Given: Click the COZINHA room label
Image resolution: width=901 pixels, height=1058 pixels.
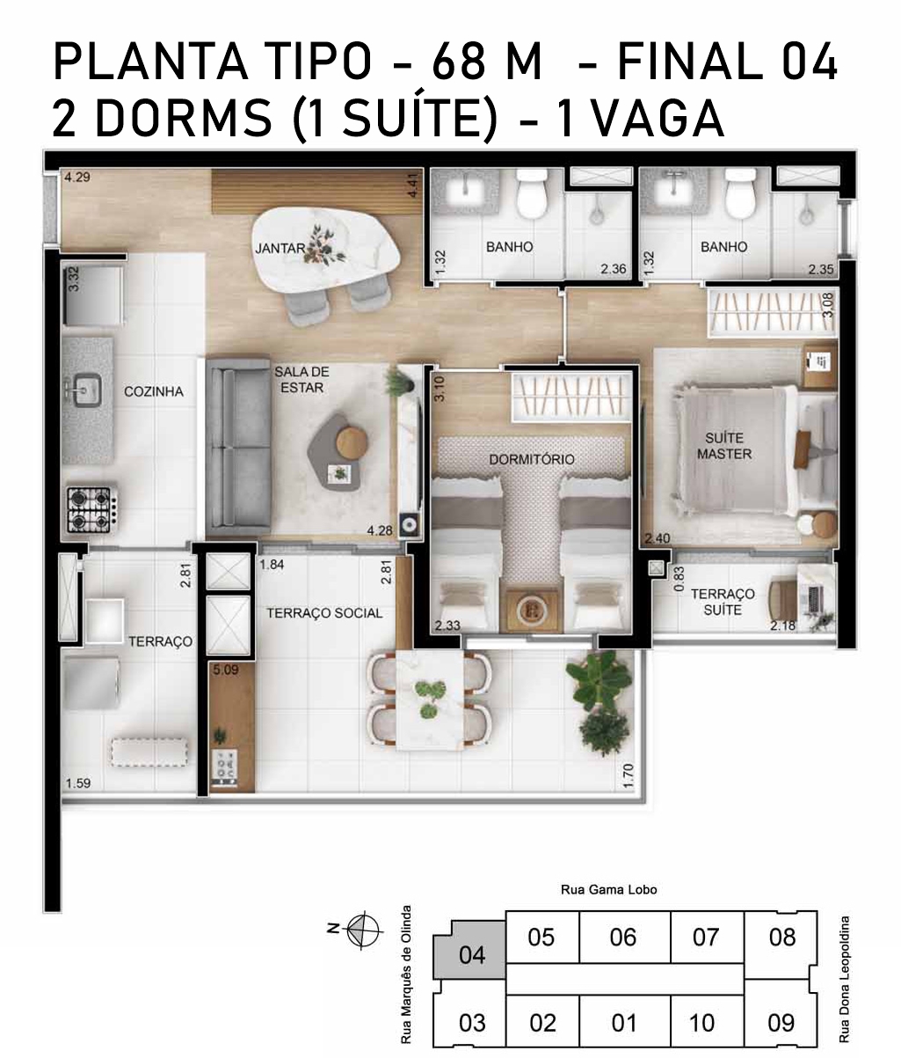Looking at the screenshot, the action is (154, 391).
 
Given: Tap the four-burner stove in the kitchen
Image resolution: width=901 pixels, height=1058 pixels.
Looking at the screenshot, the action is (90, 510).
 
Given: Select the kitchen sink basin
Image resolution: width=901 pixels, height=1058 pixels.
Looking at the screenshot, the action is (88, 390).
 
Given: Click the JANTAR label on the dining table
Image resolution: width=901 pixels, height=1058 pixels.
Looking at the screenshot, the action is (280, 248).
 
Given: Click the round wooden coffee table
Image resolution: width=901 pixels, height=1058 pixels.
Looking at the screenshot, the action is (352, 442).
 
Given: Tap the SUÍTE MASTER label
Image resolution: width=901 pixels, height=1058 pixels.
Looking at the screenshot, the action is (724, 446).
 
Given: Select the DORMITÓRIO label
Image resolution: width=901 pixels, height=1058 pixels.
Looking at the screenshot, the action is (532, 459).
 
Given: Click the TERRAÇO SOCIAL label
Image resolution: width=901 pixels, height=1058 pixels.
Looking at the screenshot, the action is (324, 613).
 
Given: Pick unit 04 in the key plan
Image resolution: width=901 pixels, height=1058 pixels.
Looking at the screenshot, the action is (470, 954).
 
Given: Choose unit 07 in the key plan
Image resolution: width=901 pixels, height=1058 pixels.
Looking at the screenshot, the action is (706, 938).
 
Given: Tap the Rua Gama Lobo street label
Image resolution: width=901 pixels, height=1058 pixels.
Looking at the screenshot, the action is (609, 890).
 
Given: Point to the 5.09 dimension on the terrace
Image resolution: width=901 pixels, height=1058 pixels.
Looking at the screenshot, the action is (226, 669).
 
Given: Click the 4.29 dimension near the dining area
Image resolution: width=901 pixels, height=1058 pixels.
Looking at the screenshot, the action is (77, 177).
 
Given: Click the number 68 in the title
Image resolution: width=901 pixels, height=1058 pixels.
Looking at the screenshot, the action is (459, 62).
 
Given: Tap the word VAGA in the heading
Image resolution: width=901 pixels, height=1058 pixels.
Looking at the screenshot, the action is (659, 119).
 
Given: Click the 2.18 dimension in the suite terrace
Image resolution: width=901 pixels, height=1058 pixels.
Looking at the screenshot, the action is (783, 625).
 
